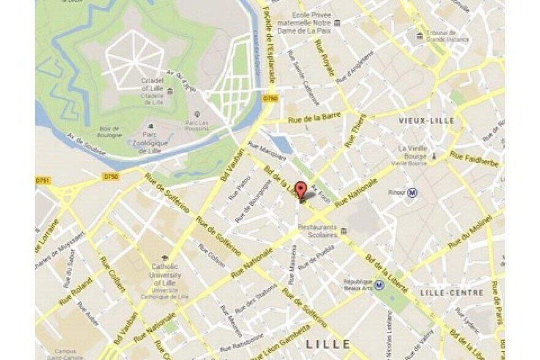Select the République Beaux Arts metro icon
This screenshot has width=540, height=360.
380,284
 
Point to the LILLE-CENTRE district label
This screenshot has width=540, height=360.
452,293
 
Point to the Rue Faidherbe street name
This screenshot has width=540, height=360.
474,159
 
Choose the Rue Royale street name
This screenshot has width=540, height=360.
324,58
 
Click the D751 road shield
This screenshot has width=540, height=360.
42,181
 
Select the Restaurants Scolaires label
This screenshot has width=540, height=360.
318,230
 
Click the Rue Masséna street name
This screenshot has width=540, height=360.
293,264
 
